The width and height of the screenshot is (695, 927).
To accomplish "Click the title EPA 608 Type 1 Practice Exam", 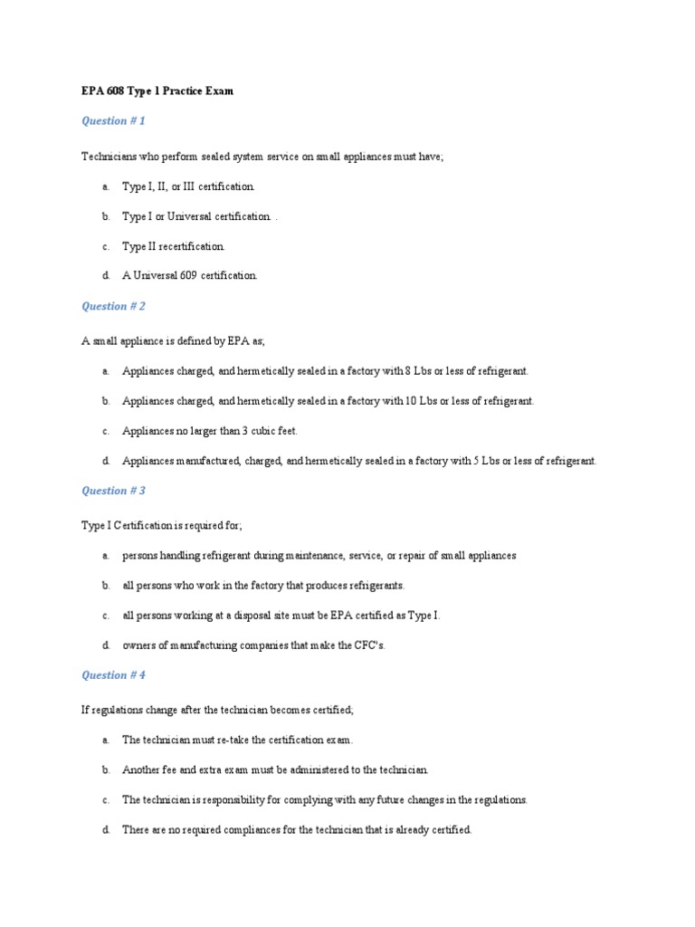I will click(x=157, y=91).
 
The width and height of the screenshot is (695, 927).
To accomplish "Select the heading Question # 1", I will click(x=113, y=121).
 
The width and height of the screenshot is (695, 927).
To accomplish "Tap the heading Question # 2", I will click(x=113, y=306).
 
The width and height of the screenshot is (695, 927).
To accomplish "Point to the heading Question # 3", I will click(x=113, y=491).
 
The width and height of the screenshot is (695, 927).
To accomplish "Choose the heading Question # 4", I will click(x=113, y=675).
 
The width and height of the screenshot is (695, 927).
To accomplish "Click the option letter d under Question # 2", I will click(x=105, y=461).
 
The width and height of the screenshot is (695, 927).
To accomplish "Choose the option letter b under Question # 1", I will click(x=105, y=216).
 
